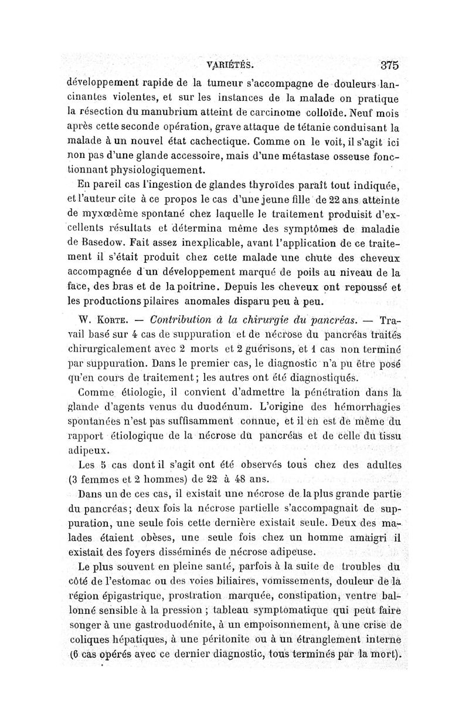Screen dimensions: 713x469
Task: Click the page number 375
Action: [389, 65]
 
